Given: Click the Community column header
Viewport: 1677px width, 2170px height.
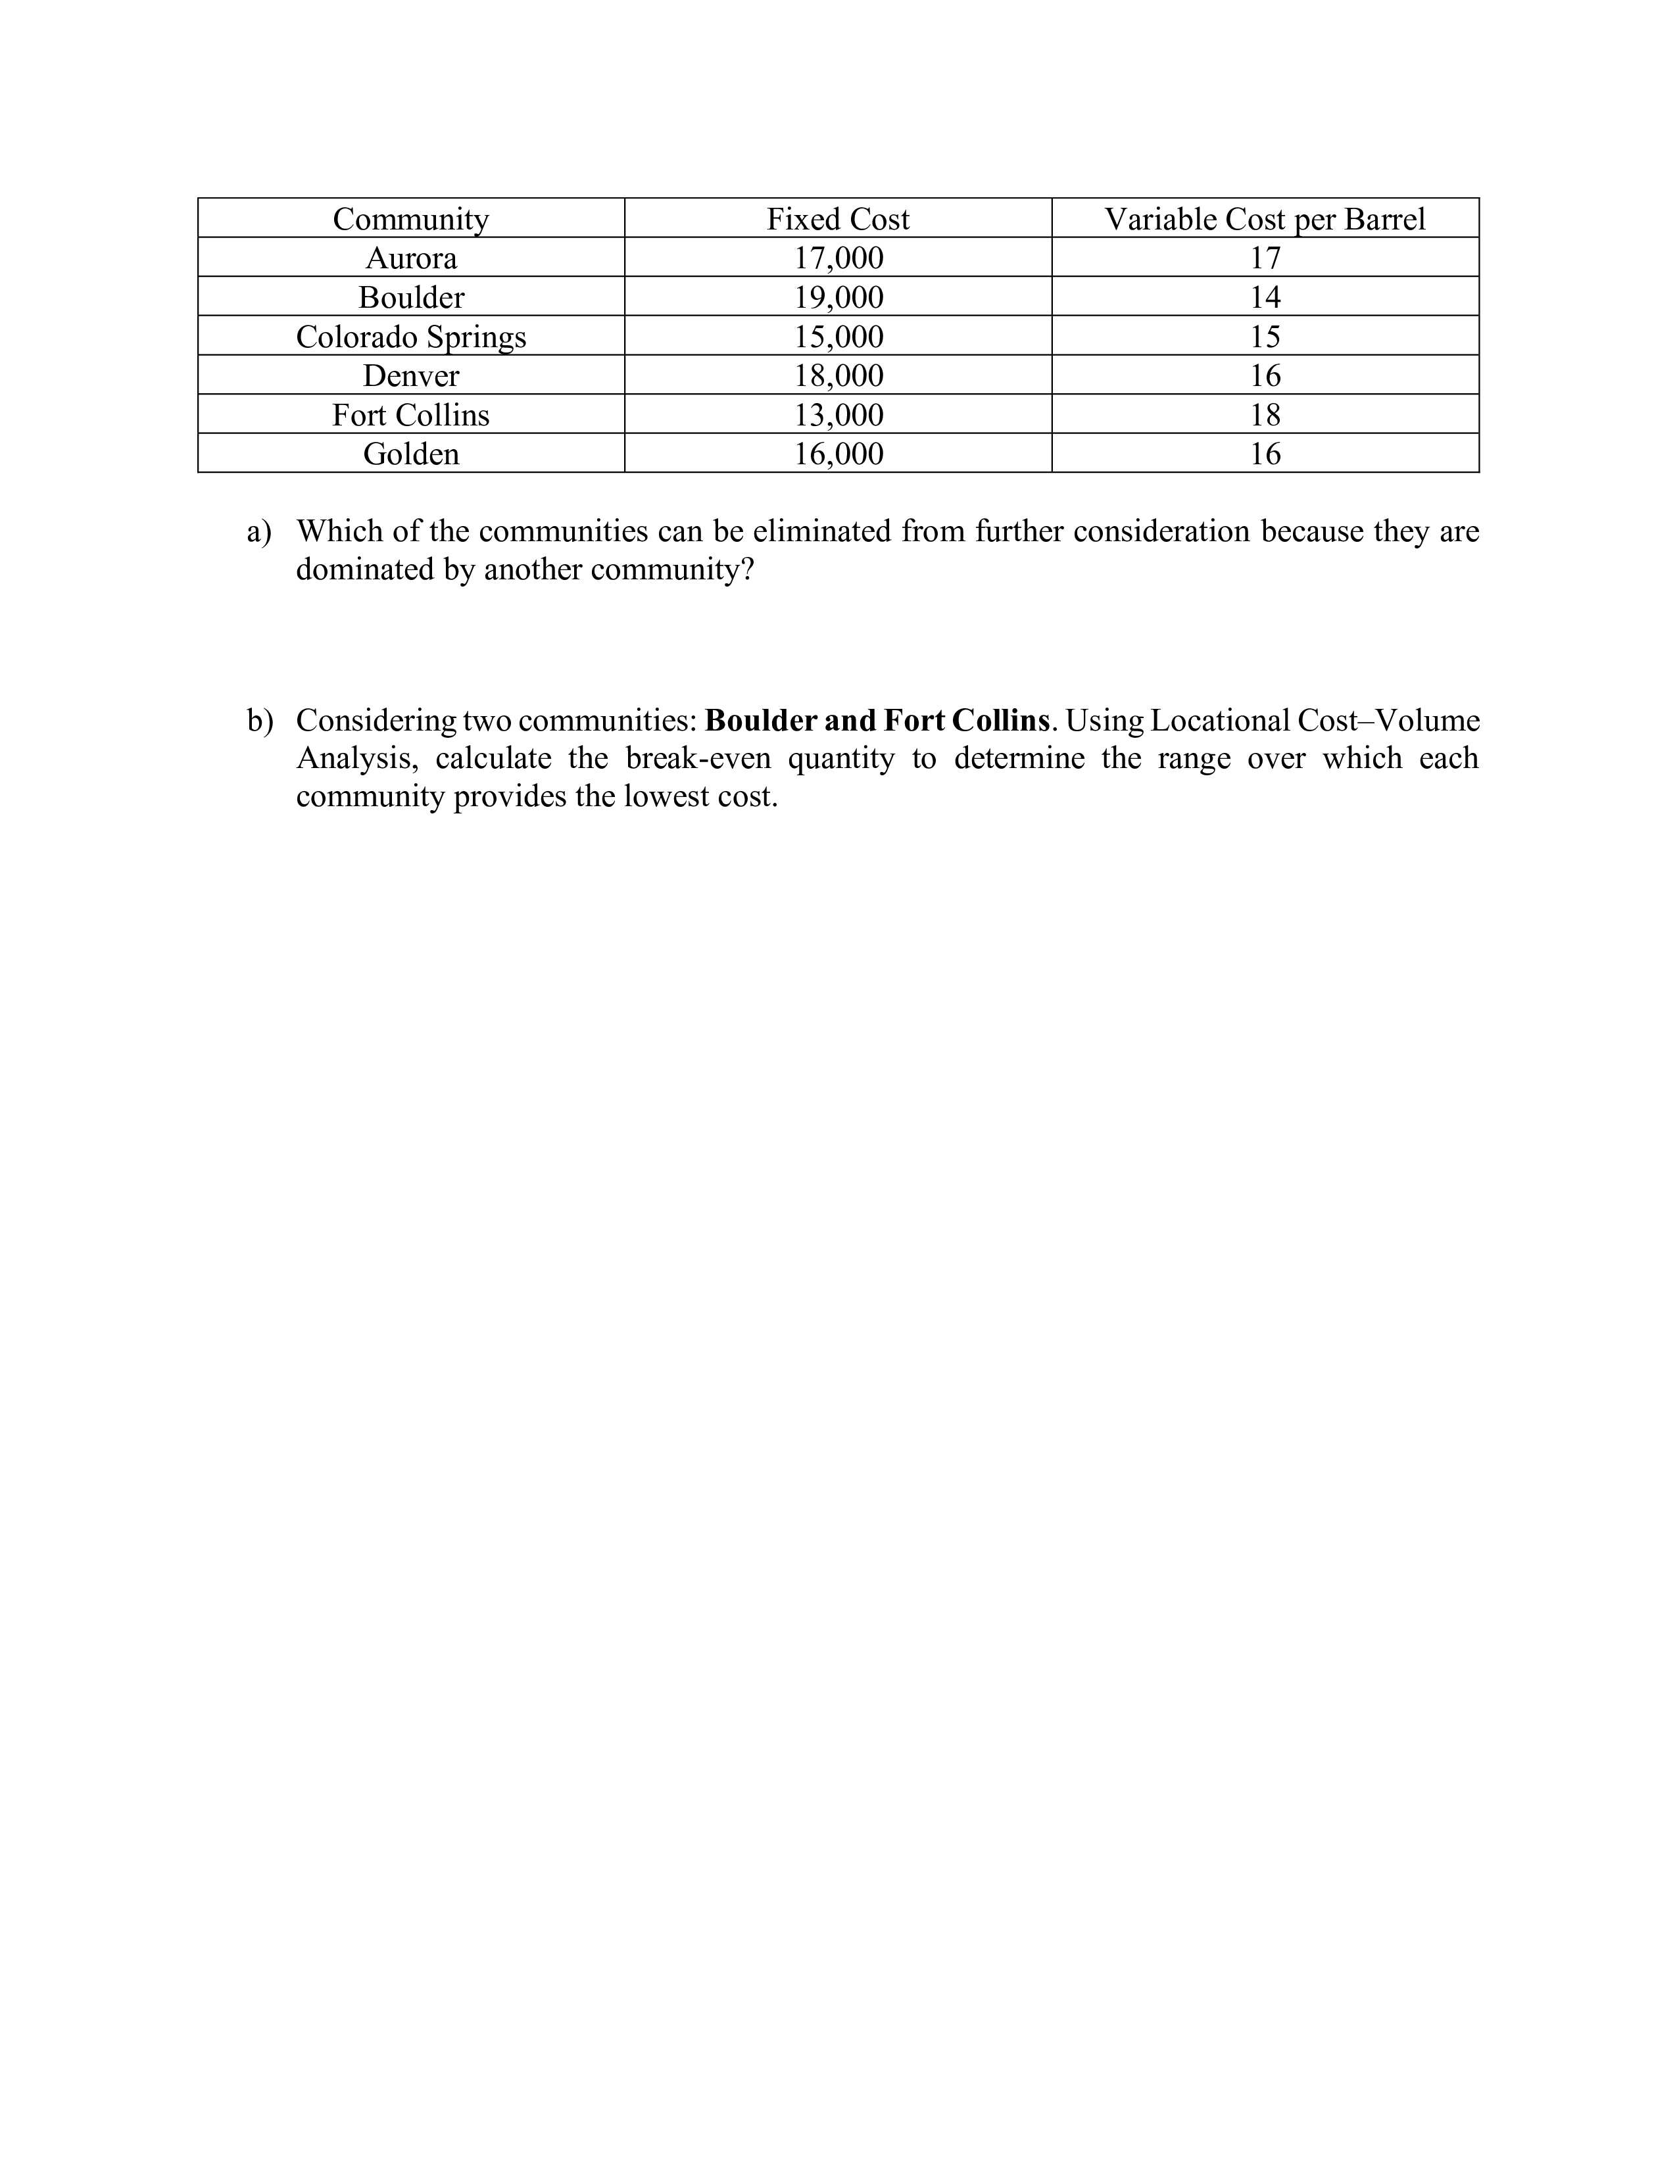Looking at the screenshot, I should coord(410,218).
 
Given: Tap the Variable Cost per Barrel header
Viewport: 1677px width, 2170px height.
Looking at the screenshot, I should coord(1264,218).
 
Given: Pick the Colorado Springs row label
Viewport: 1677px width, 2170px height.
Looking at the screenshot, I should coord(410,337).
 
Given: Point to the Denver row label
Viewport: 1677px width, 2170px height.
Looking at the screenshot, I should coord(410,375).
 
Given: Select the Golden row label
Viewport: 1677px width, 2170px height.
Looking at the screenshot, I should coord(410,454).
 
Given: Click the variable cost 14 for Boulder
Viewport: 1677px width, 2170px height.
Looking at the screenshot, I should coord(1264,297).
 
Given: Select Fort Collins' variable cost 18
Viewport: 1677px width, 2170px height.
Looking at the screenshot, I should coord(1264,414).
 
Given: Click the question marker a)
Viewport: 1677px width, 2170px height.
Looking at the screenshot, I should coord(258,531).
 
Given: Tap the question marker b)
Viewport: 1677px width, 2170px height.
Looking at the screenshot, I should coord(259,720).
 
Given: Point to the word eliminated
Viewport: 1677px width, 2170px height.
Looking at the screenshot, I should coord(821,531).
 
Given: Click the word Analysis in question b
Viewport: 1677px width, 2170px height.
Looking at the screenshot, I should coord(356,759).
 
